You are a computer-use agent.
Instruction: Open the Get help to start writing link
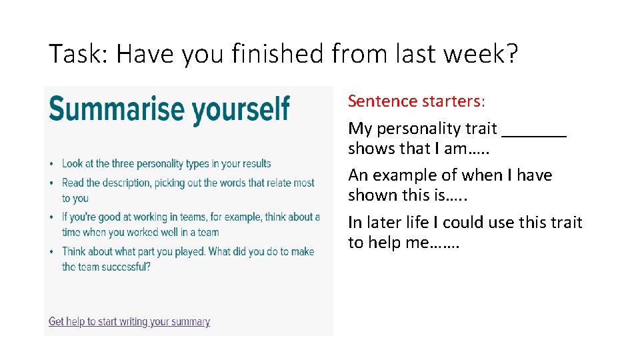click(129, 321)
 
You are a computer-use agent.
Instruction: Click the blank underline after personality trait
click(533, 129)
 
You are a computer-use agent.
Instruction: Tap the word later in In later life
click(387, 222)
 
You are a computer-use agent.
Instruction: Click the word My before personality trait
click(360, 129)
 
